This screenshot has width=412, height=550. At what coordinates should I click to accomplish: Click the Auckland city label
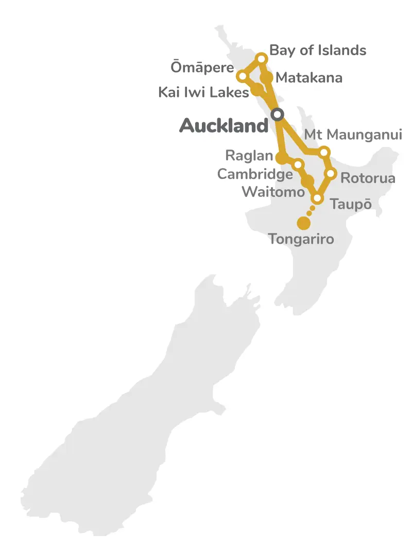[x=224, y=126]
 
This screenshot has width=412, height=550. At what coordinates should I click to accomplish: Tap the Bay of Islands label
[x=318, y=50]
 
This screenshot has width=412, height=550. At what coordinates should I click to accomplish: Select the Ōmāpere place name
[x=202, y=68]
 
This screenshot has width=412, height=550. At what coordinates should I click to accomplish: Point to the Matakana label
[x=309, y=78]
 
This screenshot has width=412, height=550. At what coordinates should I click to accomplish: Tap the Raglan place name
[x=249, y=155]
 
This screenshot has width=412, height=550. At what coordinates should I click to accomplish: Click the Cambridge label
[x=255, y=174]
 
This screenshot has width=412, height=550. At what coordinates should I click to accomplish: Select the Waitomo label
[x=273, y=192]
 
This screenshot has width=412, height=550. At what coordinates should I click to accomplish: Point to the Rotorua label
[x=368, y=178]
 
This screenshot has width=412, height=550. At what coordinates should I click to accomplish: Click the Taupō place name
[x=351, y=204]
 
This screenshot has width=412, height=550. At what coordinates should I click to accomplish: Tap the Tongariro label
[x=301, y=239]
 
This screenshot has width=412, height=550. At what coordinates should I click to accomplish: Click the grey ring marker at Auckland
[x=278, y=114]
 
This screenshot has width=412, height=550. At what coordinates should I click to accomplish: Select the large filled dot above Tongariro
[x=304, y=223]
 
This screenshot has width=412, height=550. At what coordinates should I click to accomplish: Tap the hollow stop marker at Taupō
[x=317, y=198]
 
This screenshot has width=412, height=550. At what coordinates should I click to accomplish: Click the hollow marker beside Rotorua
[x=331, y=173]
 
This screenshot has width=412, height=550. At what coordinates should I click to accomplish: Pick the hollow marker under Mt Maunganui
[x=324, y=152]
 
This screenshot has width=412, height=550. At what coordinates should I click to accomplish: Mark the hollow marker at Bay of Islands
[x=262, y=58]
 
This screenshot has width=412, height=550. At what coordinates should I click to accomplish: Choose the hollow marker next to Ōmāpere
[x=242, y=76]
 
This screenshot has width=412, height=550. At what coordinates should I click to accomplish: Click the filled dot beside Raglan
[x=281, y=157]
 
